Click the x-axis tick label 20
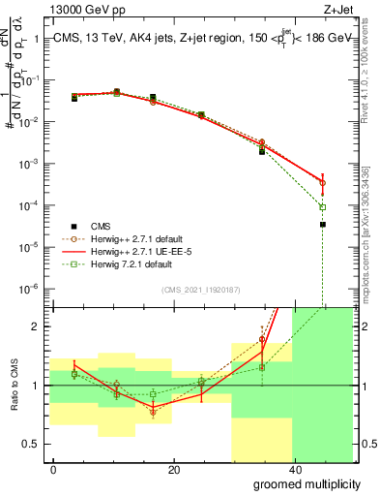[173, 469]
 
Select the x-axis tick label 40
[293, 469]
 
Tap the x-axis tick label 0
[53, 469]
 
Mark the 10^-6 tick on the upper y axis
[29, 288]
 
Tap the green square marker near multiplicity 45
[323, 207]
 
